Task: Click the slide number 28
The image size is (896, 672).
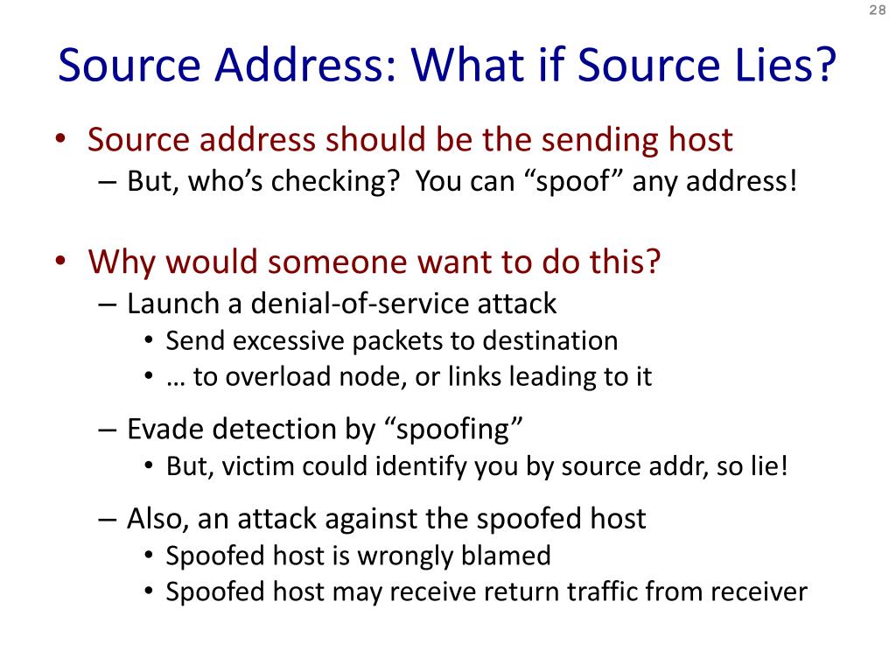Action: click(x=877, y=10)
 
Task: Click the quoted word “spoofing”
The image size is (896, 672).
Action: click(x=454, y=430)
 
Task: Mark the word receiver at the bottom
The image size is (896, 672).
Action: click(x=758, y=592)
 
